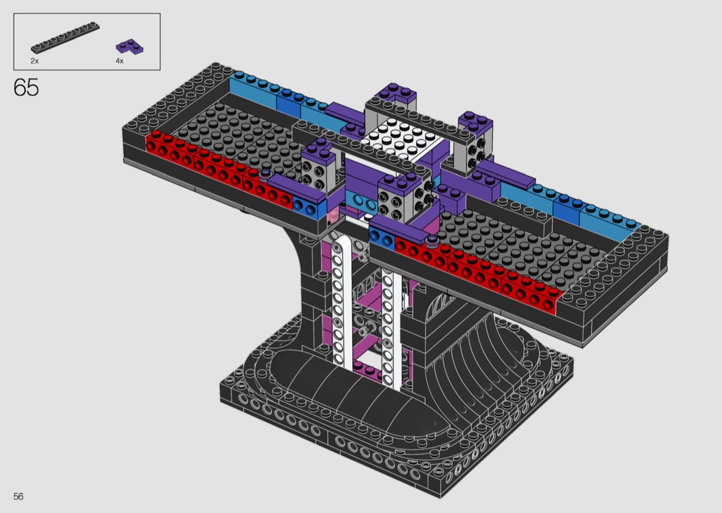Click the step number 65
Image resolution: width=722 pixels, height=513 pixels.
point(26,87)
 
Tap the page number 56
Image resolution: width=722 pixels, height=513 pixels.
point(19,496)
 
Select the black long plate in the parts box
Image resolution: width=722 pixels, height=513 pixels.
point(65,37)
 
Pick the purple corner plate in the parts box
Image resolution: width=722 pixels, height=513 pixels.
point(129,47)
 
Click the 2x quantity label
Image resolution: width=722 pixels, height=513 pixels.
point(34,61)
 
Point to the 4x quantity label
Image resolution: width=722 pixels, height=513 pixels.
point(119,61)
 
